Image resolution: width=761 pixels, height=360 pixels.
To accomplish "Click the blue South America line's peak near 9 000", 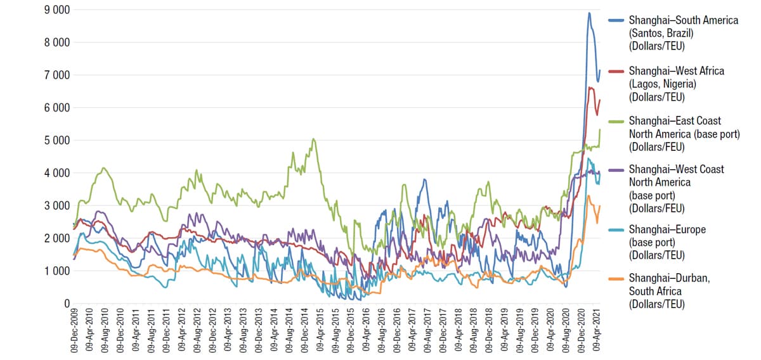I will (589, 13).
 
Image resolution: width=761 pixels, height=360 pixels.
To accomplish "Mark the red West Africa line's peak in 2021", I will (591, 87).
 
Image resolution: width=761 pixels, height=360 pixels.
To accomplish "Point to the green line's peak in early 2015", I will (314, 139).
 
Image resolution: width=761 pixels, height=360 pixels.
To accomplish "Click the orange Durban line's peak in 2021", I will (589, 196).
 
